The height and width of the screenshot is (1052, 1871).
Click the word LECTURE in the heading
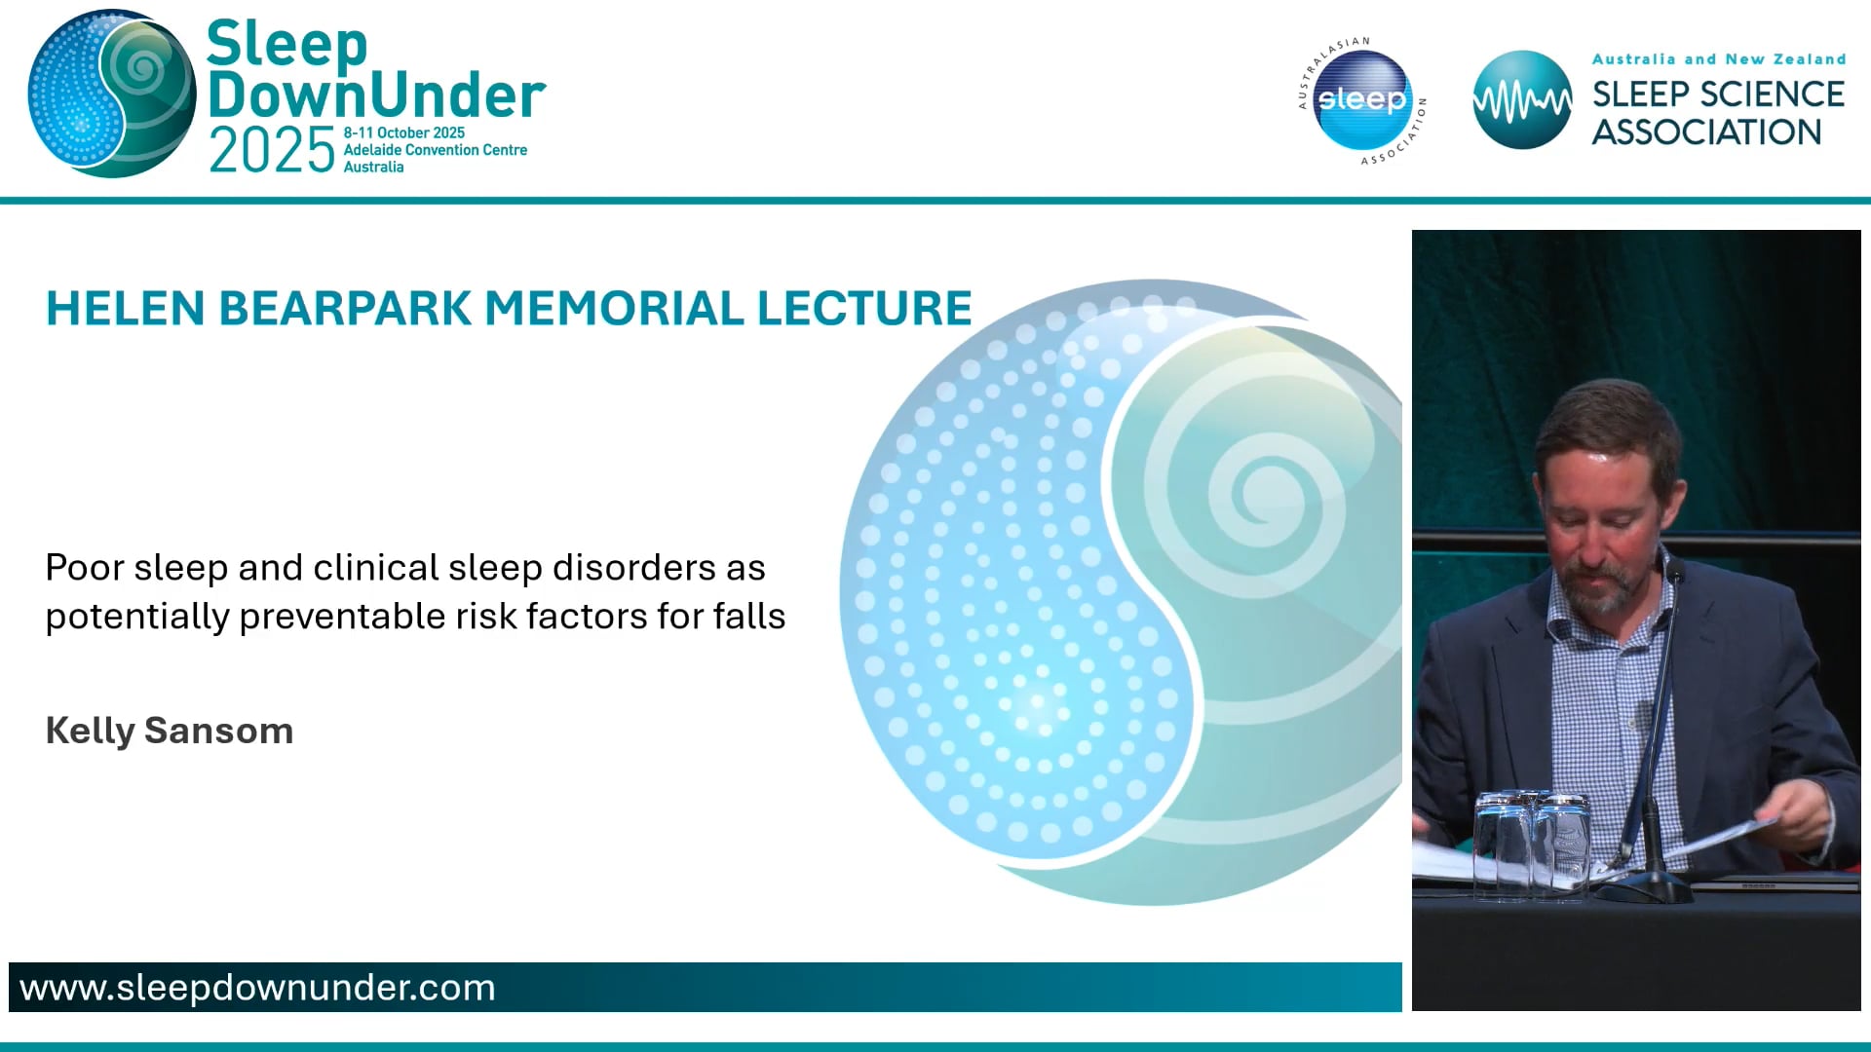pos(864,309)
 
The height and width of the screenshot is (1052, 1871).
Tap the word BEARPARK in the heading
pos(345,309)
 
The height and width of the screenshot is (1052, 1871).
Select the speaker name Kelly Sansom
pos(170,731)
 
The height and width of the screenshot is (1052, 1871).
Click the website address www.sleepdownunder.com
pos(257,988)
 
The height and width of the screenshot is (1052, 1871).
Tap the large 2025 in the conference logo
pos(272,152)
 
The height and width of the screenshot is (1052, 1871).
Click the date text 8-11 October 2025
pos(403,132)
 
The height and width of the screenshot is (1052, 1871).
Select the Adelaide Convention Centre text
pos(435,150)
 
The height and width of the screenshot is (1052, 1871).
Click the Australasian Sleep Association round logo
pos(1362,100)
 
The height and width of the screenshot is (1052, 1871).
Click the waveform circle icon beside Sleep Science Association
pos(1521,100)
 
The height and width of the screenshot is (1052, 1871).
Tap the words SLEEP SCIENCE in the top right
pos(1717,94)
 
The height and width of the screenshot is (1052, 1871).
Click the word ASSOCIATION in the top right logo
pos(1705,132)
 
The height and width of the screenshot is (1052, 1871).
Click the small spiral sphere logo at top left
pos(112,94)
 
